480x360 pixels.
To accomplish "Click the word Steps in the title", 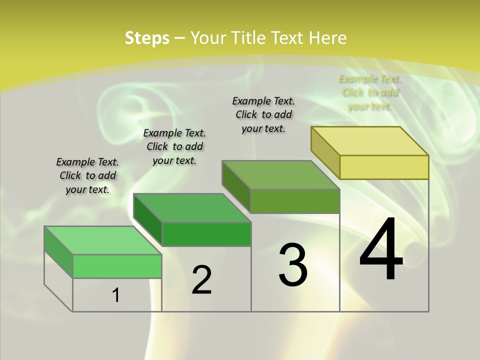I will coord(147,38).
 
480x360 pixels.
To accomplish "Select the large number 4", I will coord(381,250).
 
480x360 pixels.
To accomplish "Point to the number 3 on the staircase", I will coord(292,265).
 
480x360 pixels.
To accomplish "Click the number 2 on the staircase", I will coord(201,280).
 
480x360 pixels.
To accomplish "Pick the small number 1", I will coord(116,295).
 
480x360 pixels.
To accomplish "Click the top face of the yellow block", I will coord(370,141).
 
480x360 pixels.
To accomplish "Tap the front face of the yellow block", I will coord(384,167).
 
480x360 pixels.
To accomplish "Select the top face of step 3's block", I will coord(281,175).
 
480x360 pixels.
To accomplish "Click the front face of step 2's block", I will coord(206,234).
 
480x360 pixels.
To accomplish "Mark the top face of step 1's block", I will coord(103,240).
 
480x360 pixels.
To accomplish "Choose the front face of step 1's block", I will coord(117,266).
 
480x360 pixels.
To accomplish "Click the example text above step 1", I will coord(87,175).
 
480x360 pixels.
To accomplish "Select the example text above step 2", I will coord(174,146).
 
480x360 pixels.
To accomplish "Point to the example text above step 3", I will coord(263,114).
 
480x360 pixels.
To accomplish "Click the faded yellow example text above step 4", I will coord(370,92).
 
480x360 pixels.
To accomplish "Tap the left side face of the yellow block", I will coord(325,152).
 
